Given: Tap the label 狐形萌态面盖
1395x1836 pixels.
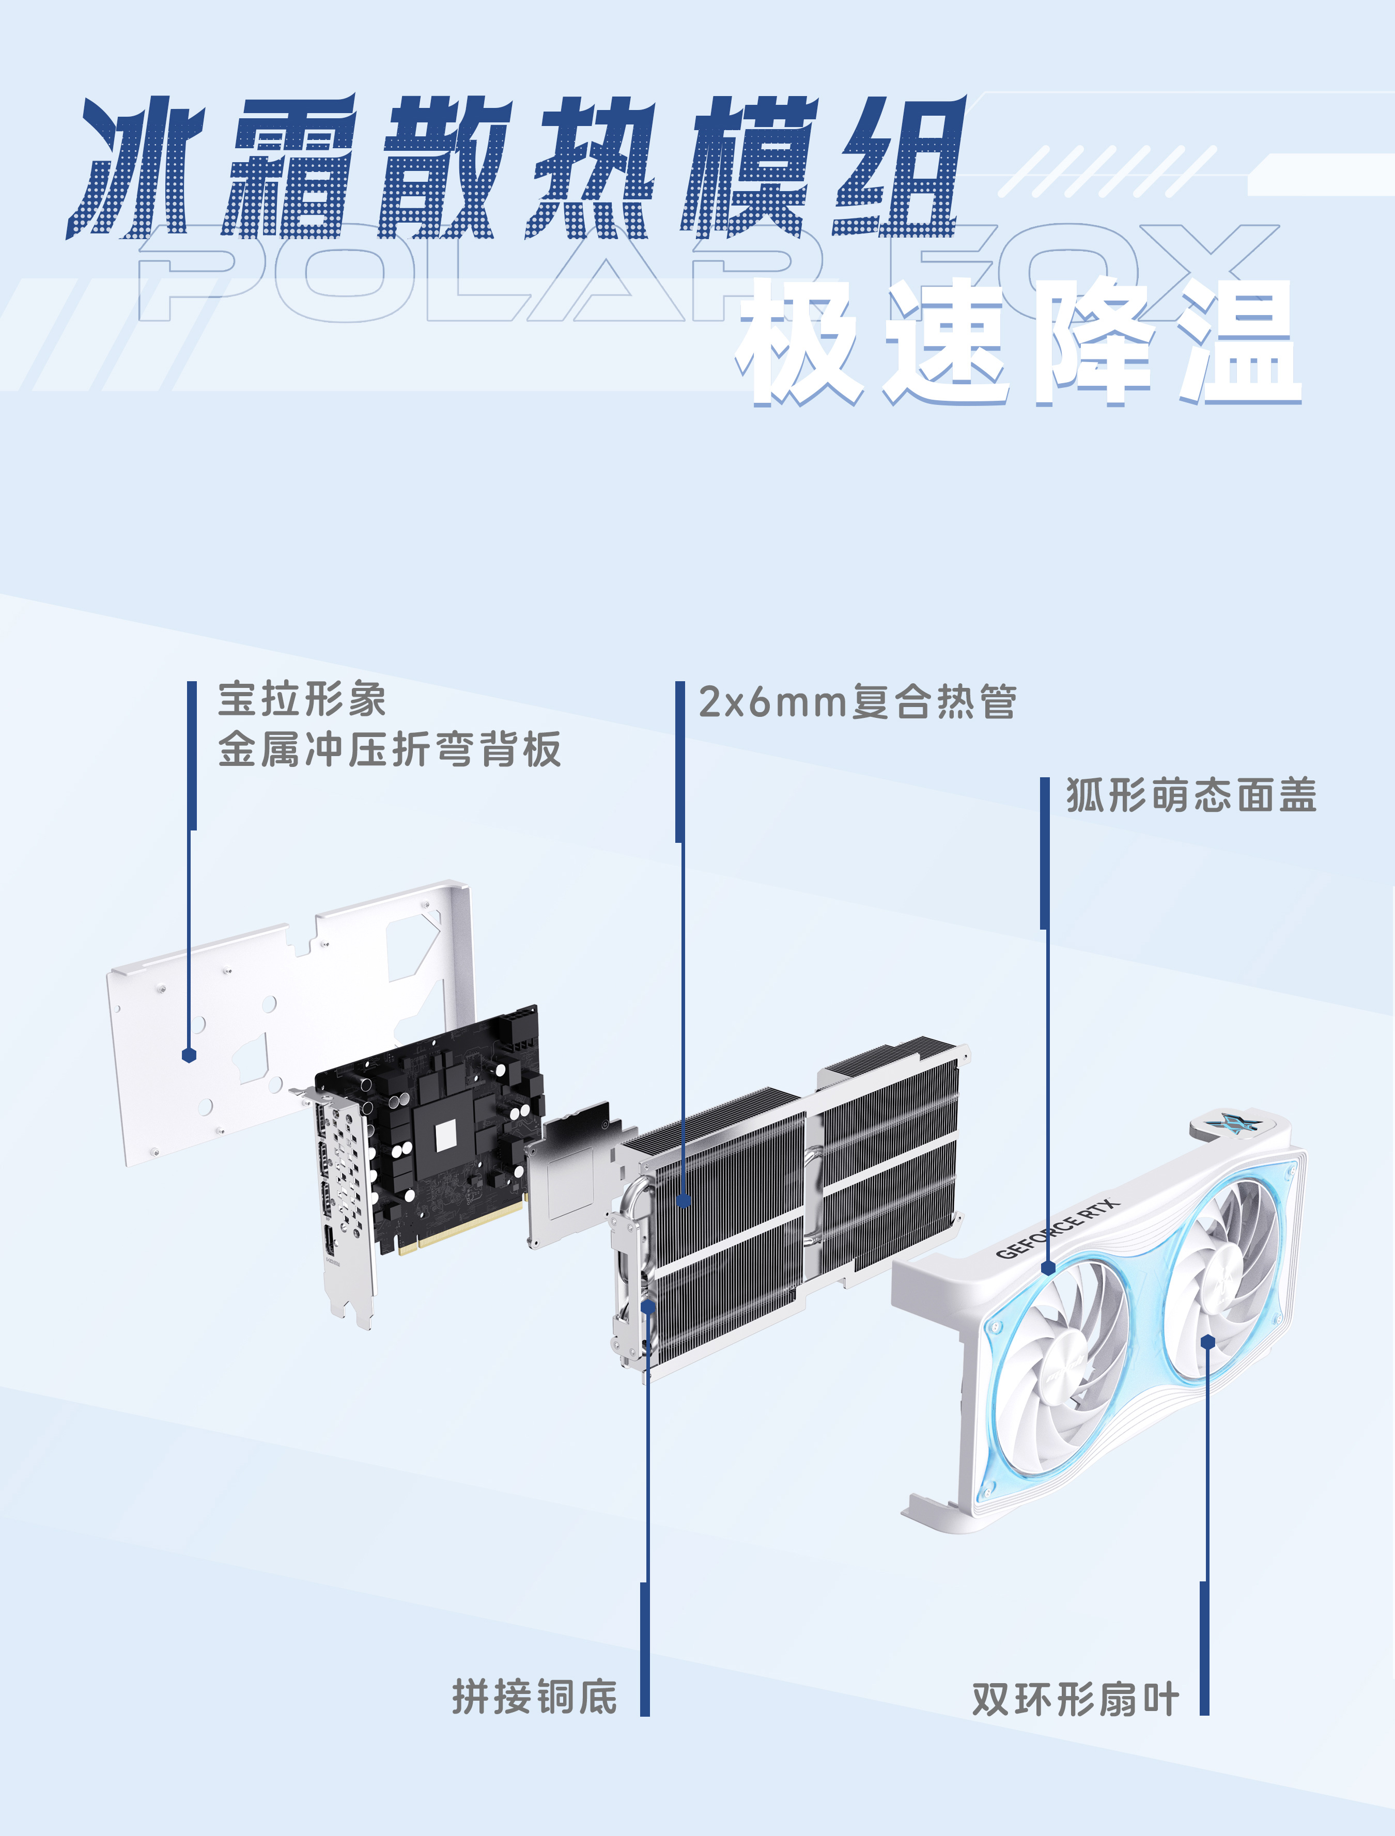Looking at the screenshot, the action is click(1191, 795).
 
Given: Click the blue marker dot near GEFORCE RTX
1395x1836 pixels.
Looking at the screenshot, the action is click(1048, 1268).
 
